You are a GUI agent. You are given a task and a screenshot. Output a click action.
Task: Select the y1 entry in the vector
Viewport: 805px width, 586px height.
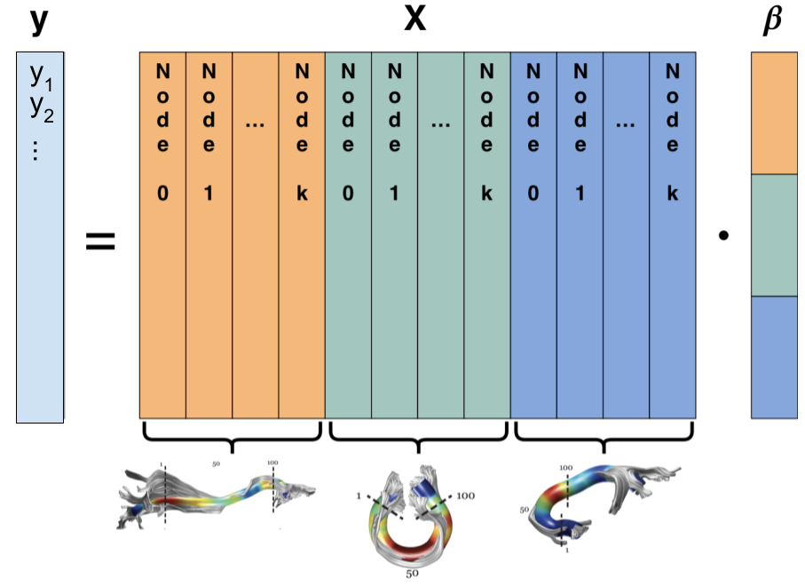[x=39, y=79]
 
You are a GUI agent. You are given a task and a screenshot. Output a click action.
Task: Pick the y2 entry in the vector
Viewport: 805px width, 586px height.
[x=39, y=107]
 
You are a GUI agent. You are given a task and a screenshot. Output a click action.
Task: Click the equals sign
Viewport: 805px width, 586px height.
[x=100, y=241]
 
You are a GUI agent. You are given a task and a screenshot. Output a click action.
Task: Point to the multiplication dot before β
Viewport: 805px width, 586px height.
[x=724, y=236]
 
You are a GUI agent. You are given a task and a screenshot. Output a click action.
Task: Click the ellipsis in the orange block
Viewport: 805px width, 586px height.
[x=255, y=124]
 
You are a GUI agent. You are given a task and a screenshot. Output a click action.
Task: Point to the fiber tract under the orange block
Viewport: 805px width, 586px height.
[x=217, y=496]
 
